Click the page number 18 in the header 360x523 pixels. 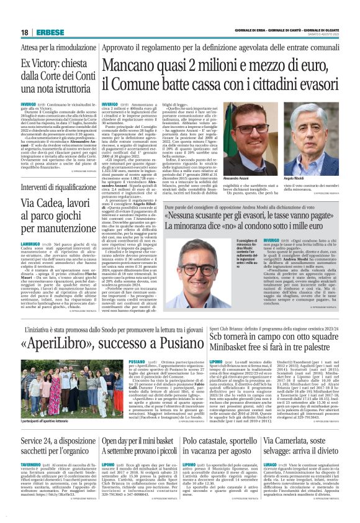tap(24, 32)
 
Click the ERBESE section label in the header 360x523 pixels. tap(47, 32)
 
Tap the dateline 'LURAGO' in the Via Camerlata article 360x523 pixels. tap(272, 463)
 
